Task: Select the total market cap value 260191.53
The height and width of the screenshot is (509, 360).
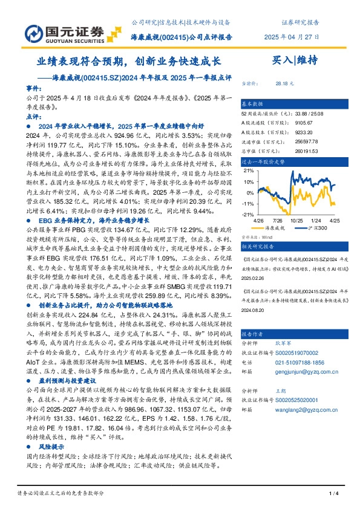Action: coord(306,153)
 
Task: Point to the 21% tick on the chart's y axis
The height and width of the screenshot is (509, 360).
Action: coord(249,170)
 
